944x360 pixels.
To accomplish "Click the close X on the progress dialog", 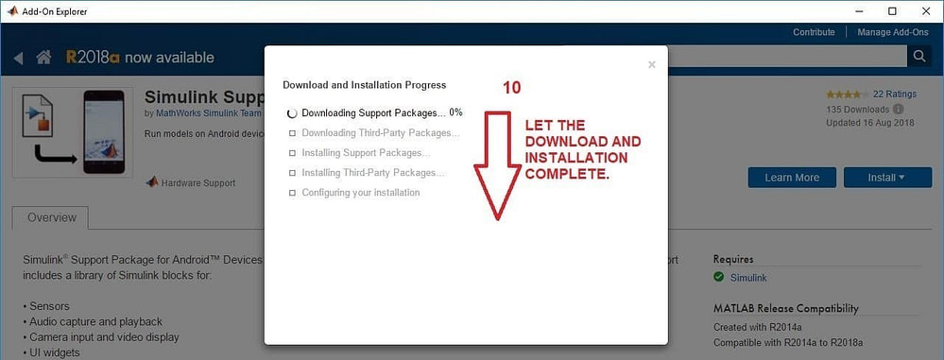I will [651, 65].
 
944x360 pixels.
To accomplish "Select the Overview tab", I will [50, 217].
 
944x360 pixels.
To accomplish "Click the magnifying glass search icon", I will [918, 58].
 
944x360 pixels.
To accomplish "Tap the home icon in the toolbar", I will [43, 58].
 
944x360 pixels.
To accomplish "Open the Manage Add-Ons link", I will [891, 32].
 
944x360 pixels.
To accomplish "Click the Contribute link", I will [814, 32].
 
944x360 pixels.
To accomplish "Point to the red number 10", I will [511, 88].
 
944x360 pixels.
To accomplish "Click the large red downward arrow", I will [495, 165].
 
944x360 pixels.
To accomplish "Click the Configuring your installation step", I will [360, 193].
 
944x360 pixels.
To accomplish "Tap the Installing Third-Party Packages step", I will [372, 173].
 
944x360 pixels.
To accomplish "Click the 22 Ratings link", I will [895, 94].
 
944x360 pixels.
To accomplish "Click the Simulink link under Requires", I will [748, 278].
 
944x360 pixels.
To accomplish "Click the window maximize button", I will [892, 11].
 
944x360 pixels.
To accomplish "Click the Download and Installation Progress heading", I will [364, 85].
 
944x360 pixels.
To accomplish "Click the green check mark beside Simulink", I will [719, 278].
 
